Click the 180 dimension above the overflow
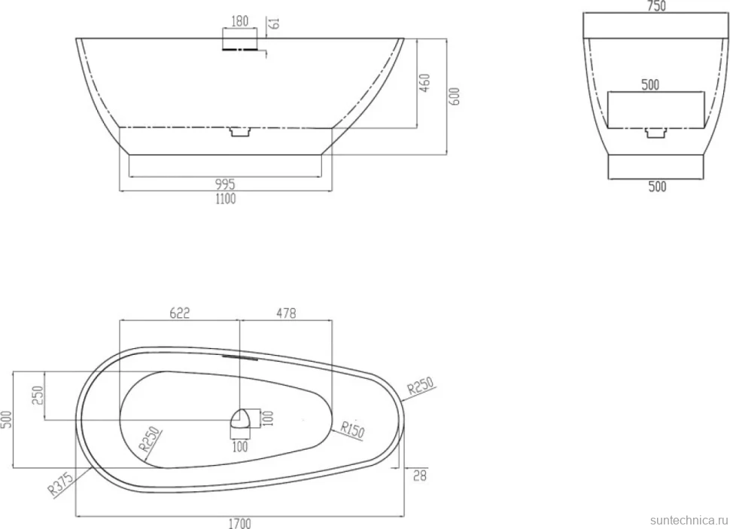240,21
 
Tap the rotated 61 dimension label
275,23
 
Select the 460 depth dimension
425,82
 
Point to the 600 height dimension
455,96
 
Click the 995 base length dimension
225,184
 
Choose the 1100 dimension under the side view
225,198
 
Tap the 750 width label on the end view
656,6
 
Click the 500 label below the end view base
657,186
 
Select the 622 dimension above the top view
180,313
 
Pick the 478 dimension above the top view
286,313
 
